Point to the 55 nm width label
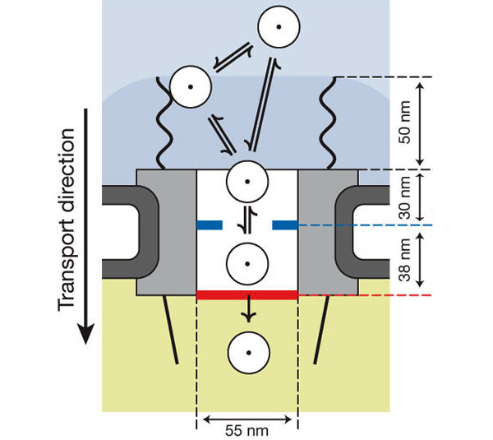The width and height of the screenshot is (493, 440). pos(246,428)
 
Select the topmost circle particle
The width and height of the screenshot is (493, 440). pos(278,27)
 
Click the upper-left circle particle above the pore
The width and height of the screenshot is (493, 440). pos(188,86)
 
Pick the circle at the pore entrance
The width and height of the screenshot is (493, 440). pos(246,180)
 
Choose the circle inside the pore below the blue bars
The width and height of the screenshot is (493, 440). pos(246,265)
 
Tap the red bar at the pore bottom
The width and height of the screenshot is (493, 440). pos(246,294)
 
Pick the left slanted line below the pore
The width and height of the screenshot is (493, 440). pos(173,329)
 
